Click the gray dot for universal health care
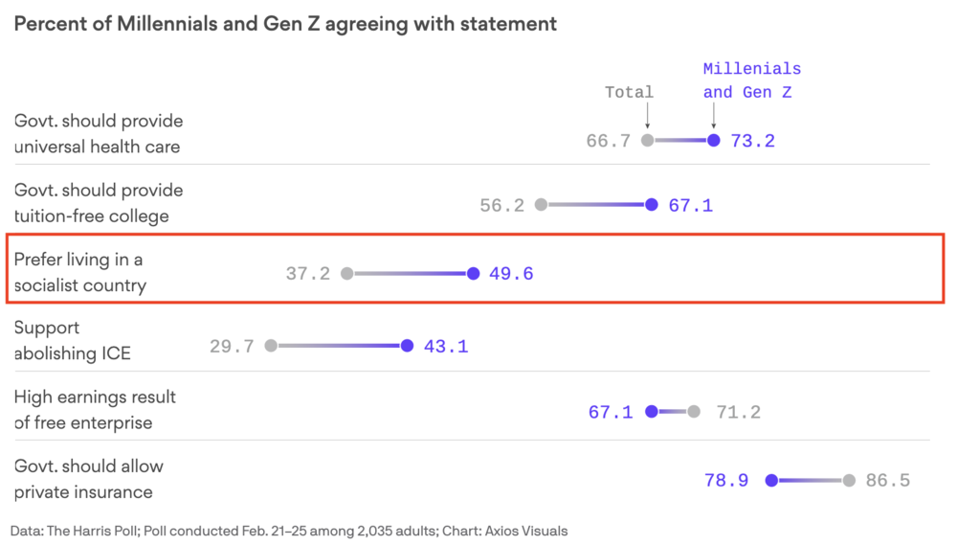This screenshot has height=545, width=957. click(648, 140)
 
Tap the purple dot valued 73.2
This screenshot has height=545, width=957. click(713, 140)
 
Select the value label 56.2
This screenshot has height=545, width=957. click(501, 205)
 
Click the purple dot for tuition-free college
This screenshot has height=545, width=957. click(652, 204)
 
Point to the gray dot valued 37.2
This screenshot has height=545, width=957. click(347, 273)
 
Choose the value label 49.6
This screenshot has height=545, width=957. click(511, 274)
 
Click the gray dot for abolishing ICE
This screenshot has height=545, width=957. click(271, 346)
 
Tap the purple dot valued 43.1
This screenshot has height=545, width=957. click(407, 346)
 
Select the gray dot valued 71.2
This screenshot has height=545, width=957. click(694, 412)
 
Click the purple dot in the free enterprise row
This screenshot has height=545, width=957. click(652, 412)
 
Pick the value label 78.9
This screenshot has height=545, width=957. click(726, 481)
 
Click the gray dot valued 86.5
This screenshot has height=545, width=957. click(849, 480)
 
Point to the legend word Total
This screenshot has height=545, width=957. click(629, 92)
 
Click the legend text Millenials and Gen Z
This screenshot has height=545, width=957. click(751, 80)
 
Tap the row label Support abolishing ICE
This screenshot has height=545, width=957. click(72, 340)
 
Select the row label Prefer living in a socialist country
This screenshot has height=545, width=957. click(79, 272)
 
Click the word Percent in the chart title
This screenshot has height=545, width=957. click(47, 24)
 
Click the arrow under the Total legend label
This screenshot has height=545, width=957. click(648, 117)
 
